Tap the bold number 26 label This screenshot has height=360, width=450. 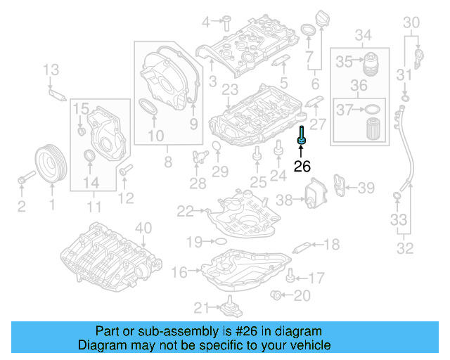coord(302,167)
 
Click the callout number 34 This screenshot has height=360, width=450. coord(363,35)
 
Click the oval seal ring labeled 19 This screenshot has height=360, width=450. coord(220,242)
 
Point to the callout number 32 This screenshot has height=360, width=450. coord(405,247)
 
